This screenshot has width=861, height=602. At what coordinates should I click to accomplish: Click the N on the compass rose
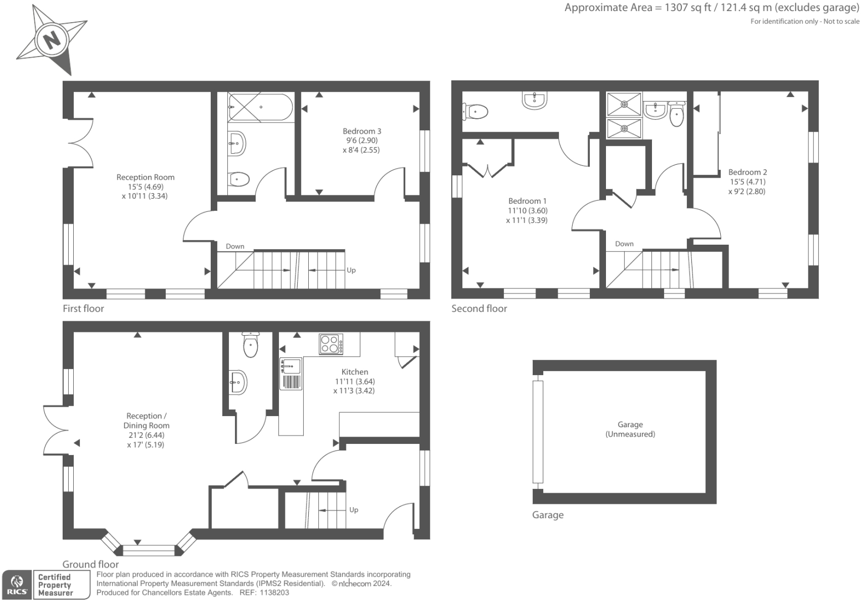tap(52, 39)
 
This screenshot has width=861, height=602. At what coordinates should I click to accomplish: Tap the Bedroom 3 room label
tap(361, 131)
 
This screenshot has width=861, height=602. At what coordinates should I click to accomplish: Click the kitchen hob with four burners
tap(331, 344)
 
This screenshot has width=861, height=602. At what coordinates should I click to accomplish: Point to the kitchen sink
tap(291, 367)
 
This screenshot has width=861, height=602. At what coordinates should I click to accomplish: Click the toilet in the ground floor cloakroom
tap(251, 345)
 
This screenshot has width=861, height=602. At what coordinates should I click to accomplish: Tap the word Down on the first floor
tap(235, 246)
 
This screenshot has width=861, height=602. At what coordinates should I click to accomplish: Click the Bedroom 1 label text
tap(527, 201)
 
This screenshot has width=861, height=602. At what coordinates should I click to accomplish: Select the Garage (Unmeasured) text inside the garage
tap(630, 429)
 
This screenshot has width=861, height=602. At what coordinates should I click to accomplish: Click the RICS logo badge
tap(17, 585)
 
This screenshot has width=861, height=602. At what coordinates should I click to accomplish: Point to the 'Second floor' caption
tap(479, 308)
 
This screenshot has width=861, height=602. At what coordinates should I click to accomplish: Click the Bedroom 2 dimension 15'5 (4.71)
tap(747, 181)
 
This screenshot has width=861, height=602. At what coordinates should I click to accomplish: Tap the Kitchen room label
tap(355, 372)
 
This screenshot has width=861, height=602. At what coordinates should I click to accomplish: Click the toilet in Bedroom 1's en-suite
tap(476, 112)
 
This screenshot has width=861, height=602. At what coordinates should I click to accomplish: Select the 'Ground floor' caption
tap(90, 564)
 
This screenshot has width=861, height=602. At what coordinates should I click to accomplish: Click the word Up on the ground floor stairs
tap(354, 510)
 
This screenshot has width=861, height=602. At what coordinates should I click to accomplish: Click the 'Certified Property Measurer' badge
tap(55, 585)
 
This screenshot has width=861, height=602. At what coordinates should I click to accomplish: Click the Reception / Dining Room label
tap(146, 421)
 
